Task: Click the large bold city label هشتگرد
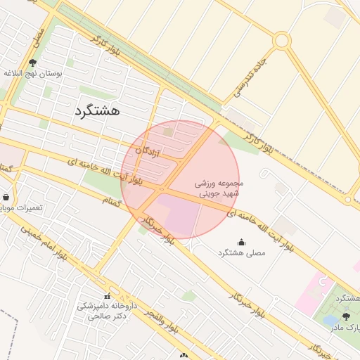tap(97, 110)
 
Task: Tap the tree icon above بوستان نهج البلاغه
tap(33, 63)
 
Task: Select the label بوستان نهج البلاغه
tap(34, 73)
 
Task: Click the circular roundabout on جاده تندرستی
tap(282, 41)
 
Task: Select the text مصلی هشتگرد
tap(242, 252)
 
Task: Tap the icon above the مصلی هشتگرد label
tap(242, 242)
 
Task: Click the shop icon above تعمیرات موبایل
tap(6, 198)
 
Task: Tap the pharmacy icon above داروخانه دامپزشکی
tap(108, 296)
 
